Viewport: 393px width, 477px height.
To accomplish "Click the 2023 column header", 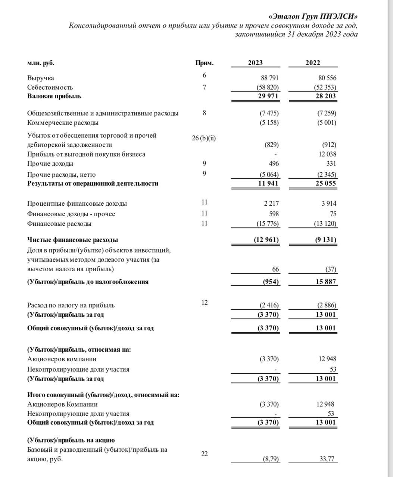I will point(255,63).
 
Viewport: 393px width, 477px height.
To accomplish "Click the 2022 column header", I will point(312,63).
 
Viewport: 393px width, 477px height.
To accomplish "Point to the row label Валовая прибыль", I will point(54,96).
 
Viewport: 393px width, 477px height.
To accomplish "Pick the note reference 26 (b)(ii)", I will point(204,138).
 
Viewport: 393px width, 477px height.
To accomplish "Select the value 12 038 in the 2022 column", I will point(327,154).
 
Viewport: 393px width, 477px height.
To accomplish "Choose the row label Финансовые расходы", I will point(59,224).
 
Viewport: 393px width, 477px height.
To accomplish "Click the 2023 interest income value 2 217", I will point(271,203).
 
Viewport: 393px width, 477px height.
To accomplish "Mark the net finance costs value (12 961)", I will point(266,240).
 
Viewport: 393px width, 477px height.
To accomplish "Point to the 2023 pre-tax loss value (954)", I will point(271,282).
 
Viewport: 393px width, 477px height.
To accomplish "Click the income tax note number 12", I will point(204,302).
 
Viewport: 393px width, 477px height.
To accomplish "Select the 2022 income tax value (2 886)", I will point(326,305).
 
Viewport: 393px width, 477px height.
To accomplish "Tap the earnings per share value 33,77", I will point(327,459).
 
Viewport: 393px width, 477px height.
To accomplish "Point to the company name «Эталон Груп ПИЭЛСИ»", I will point(313,16).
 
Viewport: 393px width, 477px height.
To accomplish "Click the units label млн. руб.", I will point(41,63).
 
